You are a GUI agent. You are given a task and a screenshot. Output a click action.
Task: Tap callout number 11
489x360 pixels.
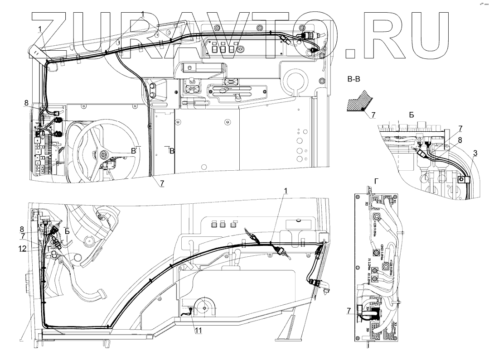pyautogui.click(x=198, y=331)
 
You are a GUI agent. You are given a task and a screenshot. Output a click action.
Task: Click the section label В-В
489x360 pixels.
pyautogui.click(x=353, y=81)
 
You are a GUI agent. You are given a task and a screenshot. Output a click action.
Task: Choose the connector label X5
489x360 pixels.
pyautogui.click(x=395, y=324)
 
